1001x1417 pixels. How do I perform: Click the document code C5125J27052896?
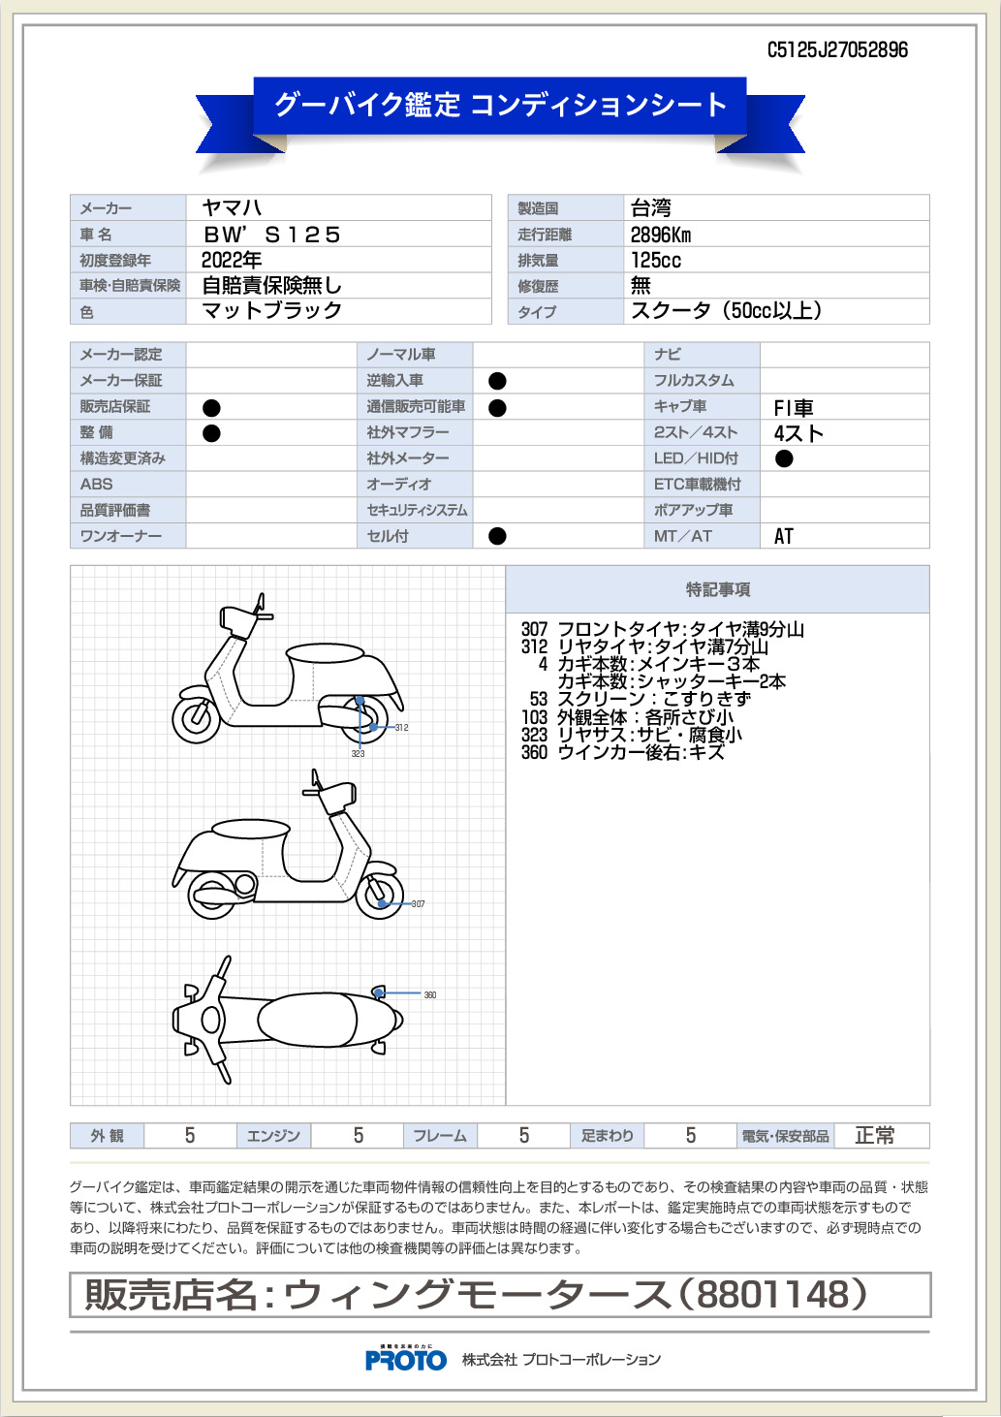click(837, 50)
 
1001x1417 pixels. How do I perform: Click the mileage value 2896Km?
click(661, 235)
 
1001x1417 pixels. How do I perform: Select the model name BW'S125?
click(272, 235)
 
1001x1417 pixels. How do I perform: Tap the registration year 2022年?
click(232, 260)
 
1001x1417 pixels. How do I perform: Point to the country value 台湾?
click(650, 207)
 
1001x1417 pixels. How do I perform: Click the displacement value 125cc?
click(656, 260)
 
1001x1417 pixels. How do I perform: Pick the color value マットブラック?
click(272, 310)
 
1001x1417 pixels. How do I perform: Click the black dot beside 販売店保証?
click(211, 408)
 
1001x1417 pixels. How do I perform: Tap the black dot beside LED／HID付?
click(784, 458)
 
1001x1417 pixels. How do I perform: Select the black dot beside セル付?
click(498, 536)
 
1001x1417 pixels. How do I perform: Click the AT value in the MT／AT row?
click(784, 536)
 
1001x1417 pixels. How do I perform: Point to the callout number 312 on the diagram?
click(401, 728)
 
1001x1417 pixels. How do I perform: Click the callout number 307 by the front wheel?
click(418, 904)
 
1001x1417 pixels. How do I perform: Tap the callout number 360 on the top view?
click(430, 995)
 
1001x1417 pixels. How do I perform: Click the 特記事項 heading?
click(718, 589)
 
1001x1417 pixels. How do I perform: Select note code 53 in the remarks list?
click(539, 699)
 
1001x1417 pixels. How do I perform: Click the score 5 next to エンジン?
click(359, 1136)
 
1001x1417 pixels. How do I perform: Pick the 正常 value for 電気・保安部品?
click(874, 1136)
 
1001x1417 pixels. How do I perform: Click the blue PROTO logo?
click(406, 1359)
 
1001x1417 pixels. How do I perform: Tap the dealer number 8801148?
click(772, 1294)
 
